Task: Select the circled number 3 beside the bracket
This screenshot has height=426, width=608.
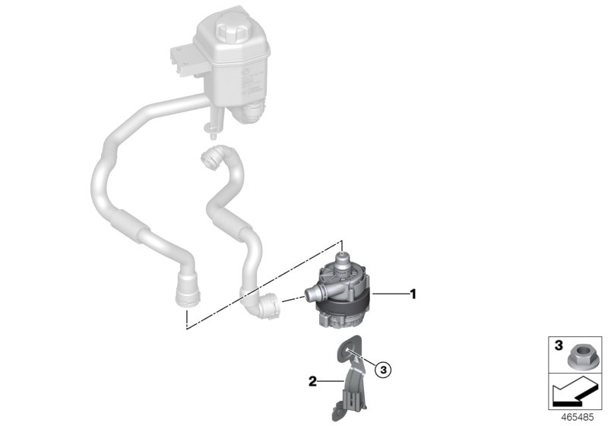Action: (x=384, y=369)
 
